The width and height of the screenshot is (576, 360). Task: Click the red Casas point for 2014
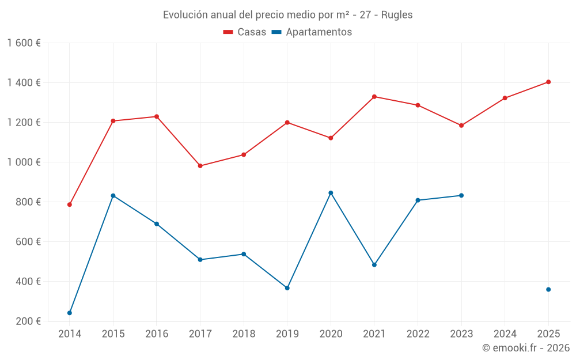pyautogui.click(x=70, y=204)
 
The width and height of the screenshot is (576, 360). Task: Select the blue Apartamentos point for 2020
pyautogui.click(x=331, y=193)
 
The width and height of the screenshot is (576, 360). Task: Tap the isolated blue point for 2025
pyautogui.click(x=548, y=289)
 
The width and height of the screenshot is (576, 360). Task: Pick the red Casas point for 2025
pyautogui.click(x=548, y=82)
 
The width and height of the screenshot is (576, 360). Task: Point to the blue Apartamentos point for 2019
pyautogui.click(x=287, y=288)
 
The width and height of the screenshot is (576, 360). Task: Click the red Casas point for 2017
pyautogui.click(x=200, y=166)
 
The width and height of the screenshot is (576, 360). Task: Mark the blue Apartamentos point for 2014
pyautogui.click(x=70, y=313)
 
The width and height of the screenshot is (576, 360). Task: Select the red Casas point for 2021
pyautogui.click(x=374, y=97)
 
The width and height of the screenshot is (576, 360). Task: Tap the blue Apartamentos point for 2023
pyautogui.click(x=461, y=195)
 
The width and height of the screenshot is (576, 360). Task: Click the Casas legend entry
pyautogui.click(x=245, y=32)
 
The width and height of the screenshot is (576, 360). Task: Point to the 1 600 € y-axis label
pyautogui.click(x=24, y=43)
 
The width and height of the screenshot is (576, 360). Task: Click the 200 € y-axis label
pyautogui.click(x=28, y=321)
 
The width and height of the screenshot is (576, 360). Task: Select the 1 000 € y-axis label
pyautogui.click(x=24, y=162)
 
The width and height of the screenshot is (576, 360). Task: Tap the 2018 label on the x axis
pyautogui.click(x=244, y=334)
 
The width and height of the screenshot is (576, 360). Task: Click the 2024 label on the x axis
pyautogui.click(x=505, y=334)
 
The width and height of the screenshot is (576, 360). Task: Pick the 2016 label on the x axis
pyautogui.click(x=157, y=334)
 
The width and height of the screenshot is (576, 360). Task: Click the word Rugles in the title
pyautogui.click(x=397, y=15)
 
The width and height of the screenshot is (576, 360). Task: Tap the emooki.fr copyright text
pyautogui.click(x=525, y=348)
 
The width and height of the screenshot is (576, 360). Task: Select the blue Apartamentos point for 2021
pyautogui.click(x=374, y=265)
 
